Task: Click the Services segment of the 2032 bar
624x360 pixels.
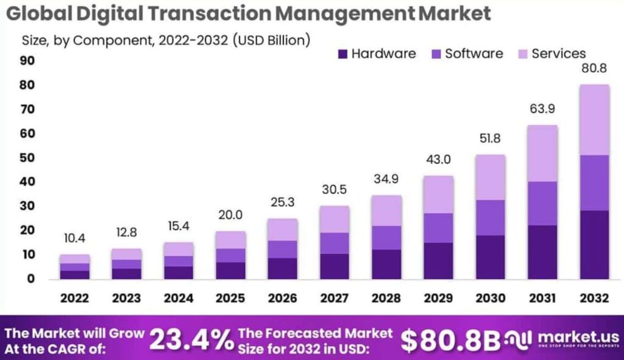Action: click(595, 120)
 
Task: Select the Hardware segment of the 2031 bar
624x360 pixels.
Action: click(543, 252)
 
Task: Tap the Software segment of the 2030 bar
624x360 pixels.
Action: click(491, 217)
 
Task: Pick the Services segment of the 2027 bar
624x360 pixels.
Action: click(335, 219)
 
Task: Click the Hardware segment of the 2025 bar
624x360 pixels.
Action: click(231, 270)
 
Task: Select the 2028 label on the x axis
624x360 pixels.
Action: click(387, 298)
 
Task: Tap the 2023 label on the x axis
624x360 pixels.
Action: click(127, 298)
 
